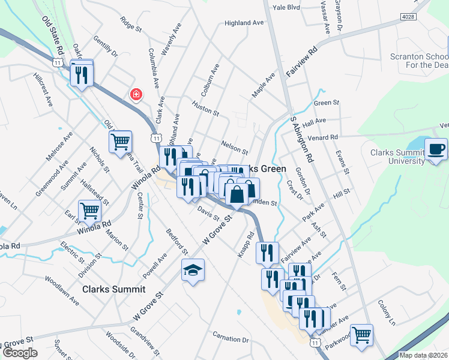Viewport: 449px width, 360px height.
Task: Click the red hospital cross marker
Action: [x=136, y=95]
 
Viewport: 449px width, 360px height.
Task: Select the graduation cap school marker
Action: [x=194, y=271]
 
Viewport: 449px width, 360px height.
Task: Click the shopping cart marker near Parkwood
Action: [x=361, y=335]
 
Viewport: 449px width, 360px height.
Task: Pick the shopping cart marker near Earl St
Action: [x=90, y=211]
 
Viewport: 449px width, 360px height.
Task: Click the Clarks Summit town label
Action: [x=114, y=289]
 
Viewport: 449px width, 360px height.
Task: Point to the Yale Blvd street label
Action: [x=286, y=8]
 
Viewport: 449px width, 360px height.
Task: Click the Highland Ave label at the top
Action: [x=244, y=23]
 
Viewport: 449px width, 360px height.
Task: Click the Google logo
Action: [x=20, y=353]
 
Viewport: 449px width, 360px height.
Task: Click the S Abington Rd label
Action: [x=303, y=139]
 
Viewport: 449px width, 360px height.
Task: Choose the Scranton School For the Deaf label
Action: [x=420, y=61]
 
